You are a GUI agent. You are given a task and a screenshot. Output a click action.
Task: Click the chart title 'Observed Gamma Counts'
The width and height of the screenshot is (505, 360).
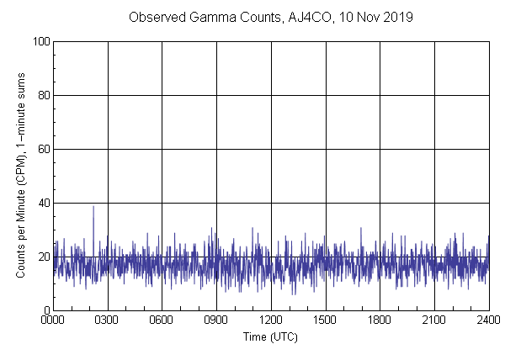point(194,17)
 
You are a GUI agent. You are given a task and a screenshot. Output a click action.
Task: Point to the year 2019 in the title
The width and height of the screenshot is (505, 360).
point(397,17)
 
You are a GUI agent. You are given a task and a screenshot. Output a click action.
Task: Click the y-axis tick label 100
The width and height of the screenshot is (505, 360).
point(40,41)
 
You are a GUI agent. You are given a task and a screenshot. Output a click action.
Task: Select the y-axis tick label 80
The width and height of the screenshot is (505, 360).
point(43,95)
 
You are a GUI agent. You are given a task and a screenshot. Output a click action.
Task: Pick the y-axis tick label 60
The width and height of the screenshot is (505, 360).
point(43,149)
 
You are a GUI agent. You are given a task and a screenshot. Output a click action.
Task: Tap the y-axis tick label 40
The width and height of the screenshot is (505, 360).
point(43,203)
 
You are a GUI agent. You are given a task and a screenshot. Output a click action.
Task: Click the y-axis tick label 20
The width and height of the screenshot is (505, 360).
point(43,257)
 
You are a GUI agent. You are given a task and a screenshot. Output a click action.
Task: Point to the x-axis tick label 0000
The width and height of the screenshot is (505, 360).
point(53,320)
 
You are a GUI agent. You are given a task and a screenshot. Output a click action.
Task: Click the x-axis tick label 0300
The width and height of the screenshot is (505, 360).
point(108,320)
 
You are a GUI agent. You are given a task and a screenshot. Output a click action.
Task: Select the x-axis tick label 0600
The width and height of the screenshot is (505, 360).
point(162,320)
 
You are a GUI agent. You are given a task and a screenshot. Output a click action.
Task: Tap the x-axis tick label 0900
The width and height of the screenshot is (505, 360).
point(216,320)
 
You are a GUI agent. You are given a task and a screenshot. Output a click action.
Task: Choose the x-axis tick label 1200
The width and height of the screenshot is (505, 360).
point(271,320)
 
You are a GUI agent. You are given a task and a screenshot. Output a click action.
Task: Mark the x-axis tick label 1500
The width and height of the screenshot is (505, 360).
point(325,320)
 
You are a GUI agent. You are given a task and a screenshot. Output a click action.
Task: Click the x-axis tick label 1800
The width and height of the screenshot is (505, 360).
point(380,320)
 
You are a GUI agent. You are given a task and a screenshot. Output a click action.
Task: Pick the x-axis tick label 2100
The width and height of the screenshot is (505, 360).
point(434,320)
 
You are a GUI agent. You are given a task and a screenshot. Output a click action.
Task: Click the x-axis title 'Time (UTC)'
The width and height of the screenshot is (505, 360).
point(270,336)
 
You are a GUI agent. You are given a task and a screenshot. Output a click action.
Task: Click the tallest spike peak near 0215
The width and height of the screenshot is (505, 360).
point(93,207)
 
